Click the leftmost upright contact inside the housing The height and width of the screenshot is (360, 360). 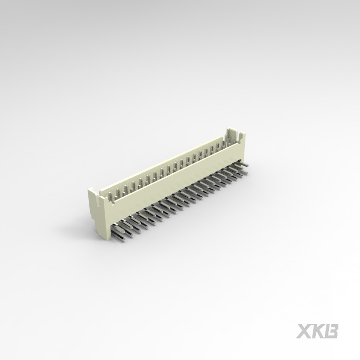point(110,195)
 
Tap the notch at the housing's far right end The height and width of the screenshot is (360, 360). point(235,137)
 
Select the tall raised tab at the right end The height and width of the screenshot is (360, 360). point(230,132)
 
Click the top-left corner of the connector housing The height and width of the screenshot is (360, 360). point(88,190)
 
